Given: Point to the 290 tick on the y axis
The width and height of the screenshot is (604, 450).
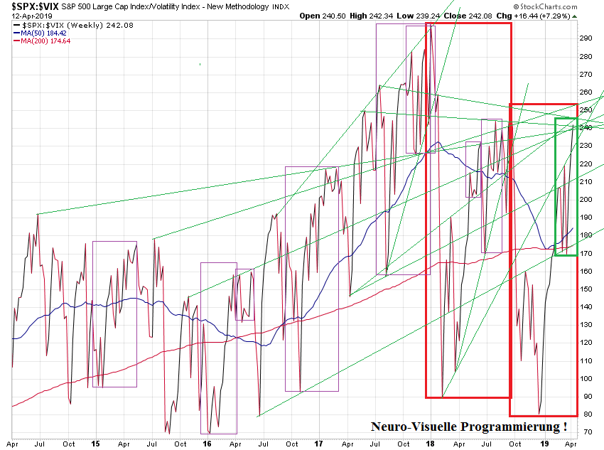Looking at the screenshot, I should pyautogui.click(x=586, y=38).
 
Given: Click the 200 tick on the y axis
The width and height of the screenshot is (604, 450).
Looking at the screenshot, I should pyautogui.click(x=586, y=199).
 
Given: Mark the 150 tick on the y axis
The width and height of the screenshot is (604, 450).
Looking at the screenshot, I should pyautogui.click(x=586, y=289).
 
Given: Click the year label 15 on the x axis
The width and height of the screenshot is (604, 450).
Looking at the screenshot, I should pyautogui.click(x=95, y=444).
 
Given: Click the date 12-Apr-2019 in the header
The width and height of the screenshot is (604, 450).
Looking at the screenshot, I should pyautogui.click(x=25, y=16).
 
